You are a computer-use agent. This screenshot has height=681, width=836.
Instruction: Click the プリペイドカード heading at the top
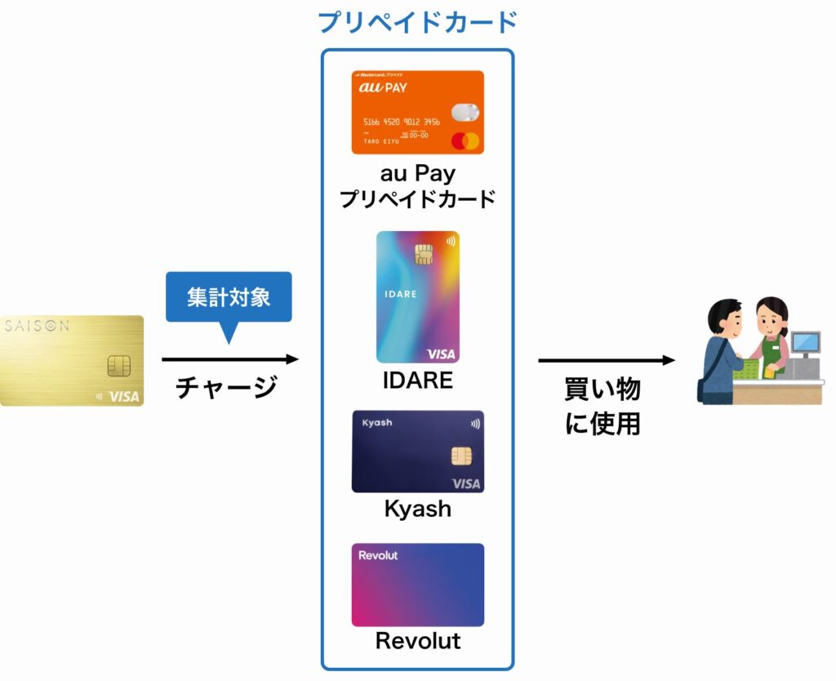pos(417,22)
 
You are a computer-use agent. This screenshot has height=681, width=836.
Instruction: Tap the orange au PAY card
pos(417,112)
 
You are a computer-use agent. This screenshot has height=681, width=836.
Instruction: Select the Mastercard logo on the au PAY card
pos(465,140)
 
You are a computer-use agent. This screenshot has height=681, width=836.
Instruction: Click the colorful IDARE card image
pos(417,296)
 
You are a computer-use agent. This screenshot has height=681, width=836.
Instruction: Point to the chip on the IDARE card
pos(424,254)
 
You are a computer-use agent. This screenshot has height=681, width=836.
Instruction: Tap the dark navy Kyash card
pos(417,452)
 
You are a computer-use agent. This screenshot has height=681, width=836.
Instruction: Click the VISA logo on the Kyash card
pos(465,483)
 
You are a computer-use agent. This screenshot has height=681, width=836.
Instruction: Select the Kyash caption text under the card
pos(417,509)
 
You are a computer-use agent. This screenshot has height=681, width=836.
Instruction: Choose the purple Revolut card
pos(417,585)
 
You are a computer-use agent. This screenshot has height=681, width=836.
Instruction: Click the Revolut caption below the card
pos(417,641)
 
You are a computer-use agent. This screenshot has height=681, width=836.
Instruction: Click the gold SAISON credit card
pos(72,360)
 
